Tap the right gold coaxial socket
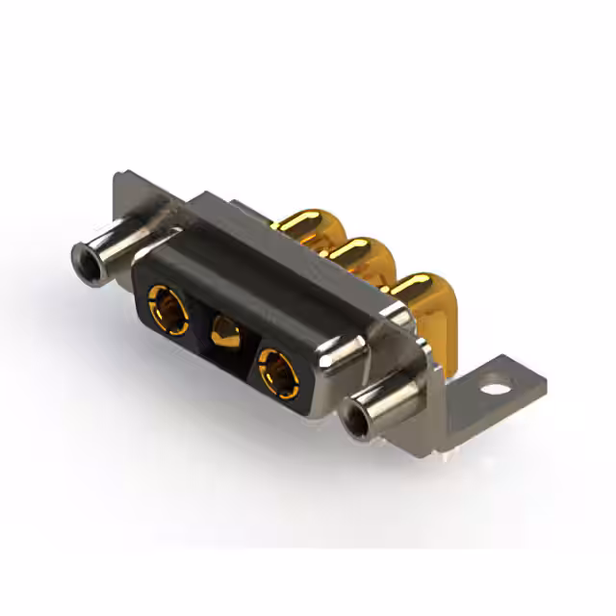pos(278,369)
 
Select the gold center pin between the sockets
pos(223,337)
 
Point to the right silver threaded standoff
pos(383,408)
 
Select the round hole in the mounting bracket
pos(495,392)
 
